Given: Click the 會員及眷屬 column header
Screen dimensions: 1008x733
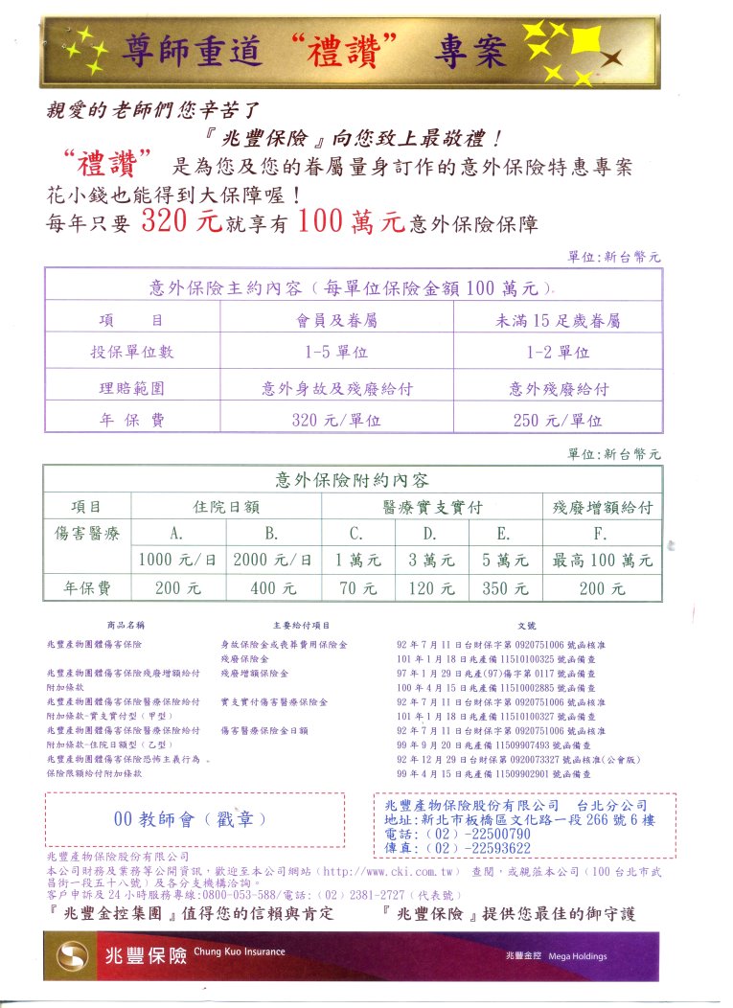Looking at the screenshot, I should pyautogui.click(x=336, y=320).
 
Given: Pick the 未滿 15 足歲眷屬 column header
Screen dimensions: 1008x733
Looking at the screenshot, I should pyautogui.click(x=558, y=320).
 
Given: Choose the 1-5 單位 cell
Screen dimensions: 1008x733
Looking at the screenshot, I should pyautogui.click(x=336, y=352).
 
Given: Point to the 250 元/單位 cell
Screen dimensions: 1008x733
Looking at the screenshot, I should pyautogui.click(x=558, y=420).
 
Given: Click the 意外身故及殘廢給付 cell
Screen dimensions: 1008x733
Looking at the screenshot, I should pyautogui.click(x=336, y=388).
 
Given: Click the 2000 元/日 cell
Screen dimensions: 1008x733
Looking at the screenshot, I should pyautogui.click(x=272, y=560).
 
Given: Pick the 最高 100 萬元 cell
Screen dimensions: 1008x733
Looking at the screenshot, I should pyautogui.click(x=602, y=560).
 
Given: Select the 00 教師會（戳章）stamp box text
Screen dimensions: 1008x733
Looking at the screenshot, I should pyautogui.click(x=189, y=819).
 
